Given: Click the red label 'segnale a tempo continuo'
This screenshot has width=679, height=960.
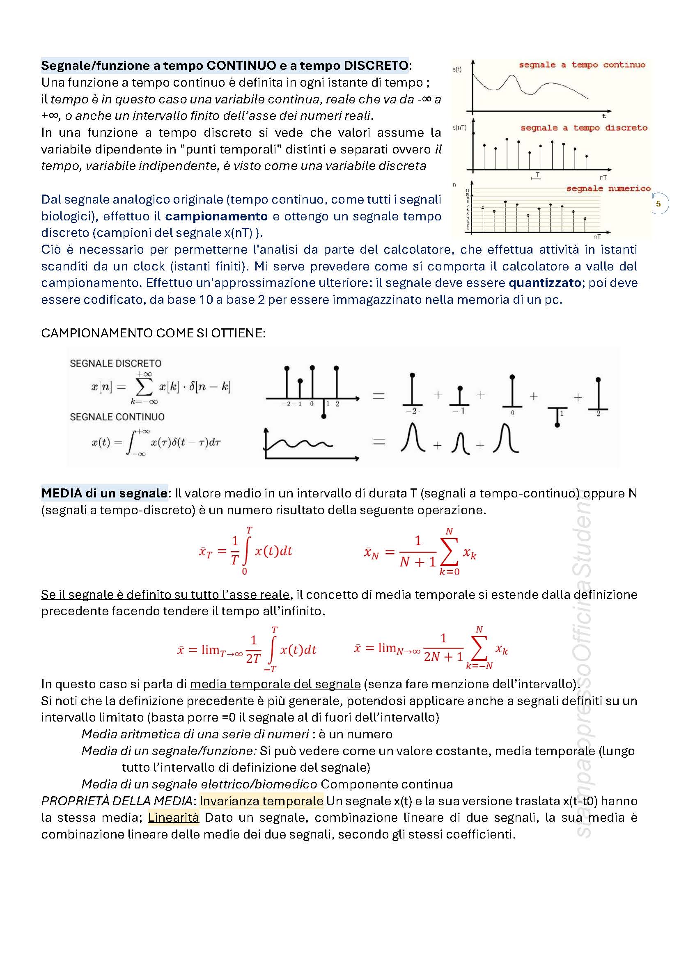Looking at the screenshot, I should click(582, 65).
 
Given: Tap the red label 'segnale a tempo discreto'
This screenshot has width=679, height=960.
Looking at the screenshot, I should click(583, 128).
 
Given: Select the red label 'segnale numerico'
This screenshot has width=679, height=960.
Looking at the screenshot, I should click(608, 188).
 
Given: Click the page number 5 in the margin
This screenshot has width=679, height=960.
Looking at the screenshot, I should click(658, 204).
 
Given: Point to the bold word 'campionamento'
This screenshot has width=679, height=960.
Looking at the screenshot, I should click(216, 216).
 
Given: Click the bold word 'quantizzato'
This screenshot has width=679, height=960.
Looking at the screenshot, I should click(544, 283).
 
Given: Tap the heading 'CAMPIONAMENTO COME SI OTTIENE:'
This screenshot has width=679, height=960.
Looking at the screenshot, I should click(153, 333).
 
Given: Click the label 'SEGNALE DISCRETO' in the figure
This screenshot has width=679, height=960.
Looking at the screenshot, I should click(115, 363).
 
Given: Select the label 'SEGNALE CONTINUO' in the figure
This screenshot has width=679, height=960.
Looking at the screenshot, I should click(117, 417).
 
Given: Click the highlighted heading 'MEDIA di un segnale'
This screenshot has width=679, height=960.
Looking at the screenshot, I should click(104, 493).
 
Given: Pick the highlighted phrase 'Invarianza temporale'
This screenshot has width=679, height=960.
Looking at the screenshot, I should click(262, 801).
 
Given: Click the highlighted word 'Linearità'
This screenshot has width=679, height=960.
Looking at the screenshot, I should click(173, 818).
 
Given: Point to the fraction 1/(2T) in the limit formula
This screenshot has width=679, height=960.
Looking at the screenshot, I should click(253, 650).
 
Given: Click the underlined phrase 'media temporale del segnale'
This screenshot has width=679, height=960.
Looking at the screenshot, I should click(275, 684).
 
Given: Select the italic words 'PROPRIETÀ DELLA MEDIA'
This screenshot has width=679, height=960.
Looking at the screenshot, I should click(117, 801).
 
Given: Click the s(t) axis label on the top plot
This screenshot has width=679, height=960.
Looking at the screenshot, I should click(457, 70).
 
